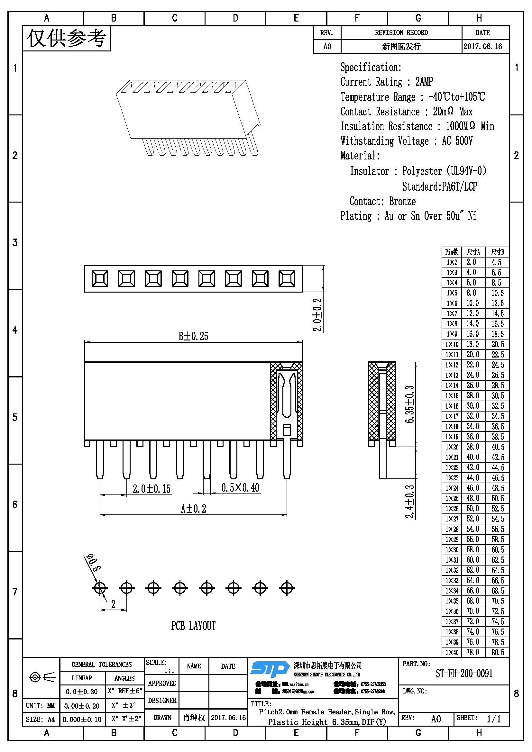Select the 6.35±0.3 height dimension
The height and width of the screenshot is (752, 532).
point(409,404)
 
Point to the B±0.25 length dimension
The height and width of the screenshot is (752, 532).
point(193,336)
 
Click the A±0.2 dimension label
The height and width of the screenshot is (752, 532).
point(194,509)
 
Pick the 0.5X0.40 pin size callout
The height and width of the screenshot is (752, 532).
point(240,488)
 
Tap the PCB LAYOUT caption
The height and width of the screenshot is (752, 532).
point(193,626)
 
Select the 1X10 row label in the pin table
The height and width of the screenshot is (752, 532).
point(452,344)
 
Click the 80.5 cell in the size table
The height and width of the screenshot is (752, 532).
point(498,652)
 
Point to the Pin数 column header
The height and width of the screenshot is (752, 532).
point(451,252)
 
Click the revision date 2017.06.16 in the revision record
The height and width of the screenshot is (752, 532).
point(482,47)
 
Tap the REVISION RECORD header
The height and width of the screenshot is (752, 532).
point(401,33)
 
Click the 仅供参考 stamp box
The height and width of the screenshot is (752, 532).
point(67,39)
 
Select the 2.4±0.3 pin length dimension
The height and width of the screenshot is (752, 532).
point(409,502)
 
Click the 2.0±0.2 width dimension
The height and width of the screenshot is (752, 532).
point(317,314)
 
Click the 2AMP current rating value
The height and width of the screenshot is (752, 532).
point(424,82)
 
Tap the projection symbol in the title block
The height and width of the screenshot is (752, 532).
point(42,677)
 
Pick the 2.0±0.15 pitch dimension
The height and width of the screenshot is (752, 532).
point(151,489)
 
